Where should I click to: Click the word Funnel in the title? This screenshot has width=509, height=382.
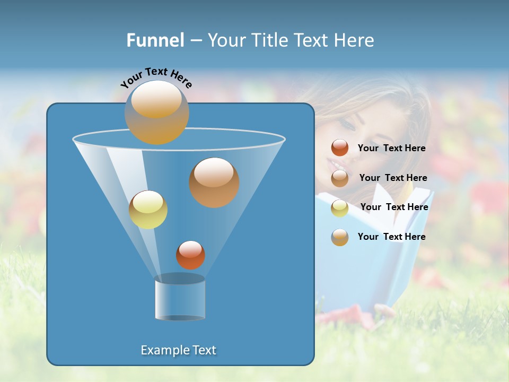(x=155, y=40)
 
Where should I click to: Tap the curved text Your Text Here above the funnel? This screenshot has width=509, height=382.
(x=156, y=76)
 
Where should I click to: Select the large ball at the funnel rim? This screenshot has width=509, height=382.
(x=157, y=112)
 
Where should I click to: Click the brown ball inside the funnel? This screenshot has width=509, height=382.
(x=214, y=183)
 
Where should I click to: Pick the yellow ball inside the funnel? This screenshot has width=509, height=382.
(x=148, y=210)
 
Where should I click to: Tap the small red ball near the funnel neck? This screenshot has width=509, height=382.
(x=190, y=255)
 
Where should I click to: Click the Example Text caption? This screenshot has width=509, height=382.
(x=179, y=350)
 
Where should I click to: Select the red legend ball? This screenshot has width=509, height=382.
(x=340, y=147)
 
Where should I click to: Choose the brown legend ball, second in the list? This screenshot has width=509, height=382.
(x=340, y=178)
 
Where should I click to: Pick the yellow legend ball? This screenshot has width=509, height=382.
(x=340, y=208)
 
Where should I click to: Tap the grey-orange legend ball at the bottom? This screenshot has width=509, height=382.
(x=340, y=237)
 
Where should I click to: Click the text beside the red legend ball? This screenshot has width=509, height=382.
(x=391, y=149)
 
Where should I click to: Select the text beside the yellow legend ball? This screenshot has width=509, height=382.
(x=394, y=207)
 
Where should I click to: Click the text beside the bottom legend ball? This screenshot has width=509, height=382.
(x=391, y=237)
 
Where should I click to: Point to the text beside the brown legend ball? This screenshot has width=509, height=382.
(x=393, y=178)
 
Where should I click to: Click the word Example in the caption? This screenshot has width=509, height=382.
(x=160, y=350)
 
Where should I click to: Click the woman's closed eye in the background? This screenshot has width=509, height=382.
(x=348, y=124)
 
